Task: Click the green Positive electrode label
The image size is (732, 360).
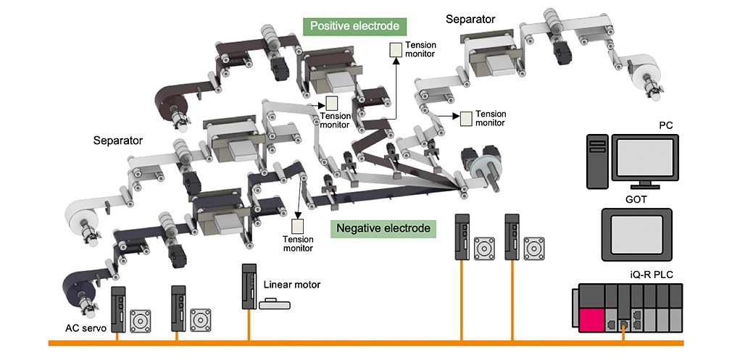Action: [x=354, y=26]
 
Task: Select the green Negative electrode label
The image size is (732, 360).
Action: [x=383, y=229]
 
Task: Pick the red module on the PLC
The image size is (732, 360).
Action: [x=592, y=316]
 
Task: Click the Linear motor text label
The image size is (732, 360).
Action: [x=291, y=285]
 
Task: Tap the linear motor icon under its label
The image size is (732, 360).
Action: [x=275, y=304]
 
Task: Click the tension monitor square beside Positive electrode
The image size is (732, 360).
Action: [x=396, y=49]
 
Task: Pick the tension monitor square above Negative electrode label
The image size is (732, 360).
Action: [x=298, y=225]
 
